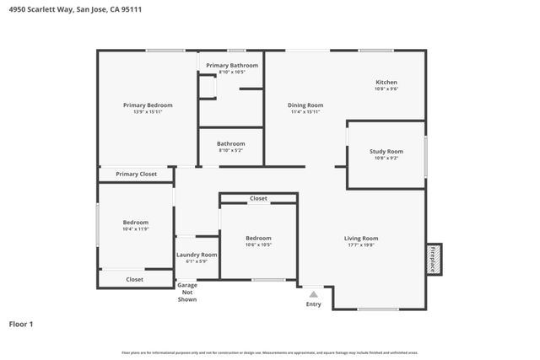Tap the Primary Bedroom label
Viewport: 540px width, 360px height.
pyautogui.click(x=148, y=105)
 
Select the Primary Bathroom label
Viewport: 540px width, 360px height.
pyautogui.click(x=232, y=65)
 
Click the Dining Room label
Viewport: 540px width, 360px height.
pyautogui.click(x=305, y=105)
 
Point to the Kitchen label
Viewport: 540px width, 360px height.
pyautogui.click(x=386, y=83)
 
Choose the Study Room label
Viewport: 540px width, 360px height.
pyautogui.click(x=386, y=152)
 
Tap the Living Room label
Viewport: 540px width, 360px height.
pyautogui.click(x=360, y=239)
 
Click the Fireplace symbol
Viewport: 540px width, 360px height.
pyautogui.click(x=434, y=258)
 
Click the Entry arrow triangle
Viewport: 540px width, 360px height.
pyautogui.click(x=314, y=294)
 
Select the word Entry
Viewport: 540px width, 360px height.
pyautogui.click(x=313, y=304)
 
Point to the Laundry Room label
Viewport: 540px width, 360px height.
pyautogui.click(x=197, y=255)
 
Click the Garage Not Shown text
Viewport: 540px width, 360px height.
pyautogui.click(x=187, y=292)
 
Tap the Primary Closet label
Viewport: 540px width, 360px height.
pyautogui.click(x=137, y=174)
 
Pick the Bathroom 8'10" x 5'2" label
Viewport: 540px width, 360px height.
pyautogui.click(x=231, y=143)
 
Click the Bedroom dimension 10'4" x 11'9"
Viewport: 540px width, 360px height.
pyautogui.click(x=136, y=228)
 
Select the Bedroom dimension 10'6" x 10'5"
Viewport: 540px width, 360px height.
pyautogui.click(x=258, y=244)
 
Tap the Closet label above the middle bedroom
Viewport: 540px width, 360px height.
pyautogui.click(x=258, y=198)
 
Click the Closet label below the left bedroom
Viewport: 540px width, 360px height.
pyautogui.click(x=135, y=279)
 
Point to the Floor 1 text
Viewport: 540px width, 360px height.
pyautogui.click(x=21, y=323)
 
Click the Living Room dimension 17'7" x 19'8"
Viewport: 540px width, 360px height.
pyautogui.click(x=360, y=245)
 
